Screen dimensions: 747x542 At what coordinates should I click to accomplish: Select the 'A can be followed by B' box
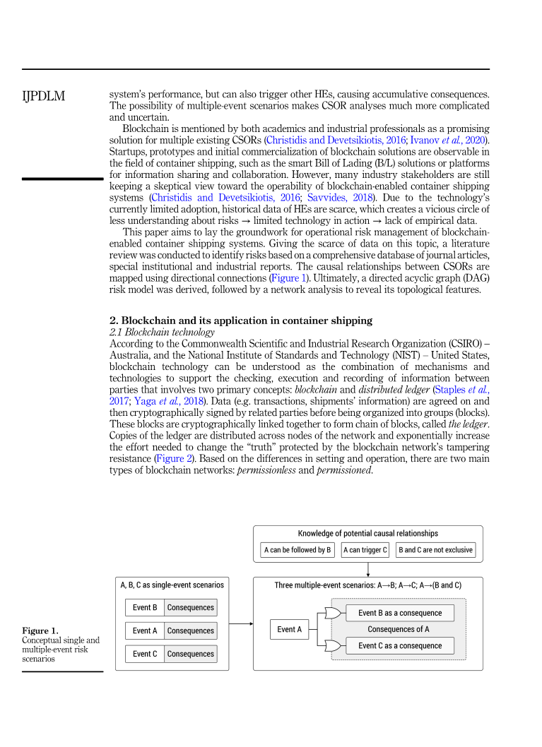click(x=297, y=550)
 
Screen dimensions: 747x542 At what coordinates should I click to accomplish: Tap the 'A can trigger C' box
click(x=365, y=550)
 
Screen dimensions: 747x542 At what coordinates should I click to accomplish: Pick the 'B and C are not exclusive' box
click(x=435, y=550)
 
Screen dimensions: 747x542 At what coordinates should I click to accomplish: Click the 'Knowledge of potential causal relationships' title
click(x=367, y=534)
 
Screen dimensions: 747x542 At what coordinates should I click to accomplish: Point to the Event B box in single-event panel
click(x=145, y=607)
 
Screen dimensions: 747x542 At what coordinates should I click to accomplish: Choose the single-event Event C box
click(x=145, y=654)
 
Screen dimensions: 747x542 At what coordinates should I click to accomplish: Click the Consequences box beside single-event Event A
click(x=190, y=631)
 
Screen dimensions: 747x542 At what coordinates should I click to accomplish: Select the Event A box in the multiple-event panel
click(x=290, y=629)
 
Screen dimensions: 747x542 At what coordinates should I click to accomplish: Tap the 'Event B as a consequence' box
click(x=400, y=613)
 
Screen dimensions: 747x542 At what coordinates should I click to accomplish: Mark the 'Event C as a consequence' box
click(x=400, y=645)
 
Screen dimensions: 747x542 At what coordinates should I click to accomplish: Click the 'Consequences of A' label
click(x=399, y=629)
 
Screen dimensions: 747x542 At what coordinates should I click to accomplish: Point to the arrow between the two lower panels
click(x=241, y=623)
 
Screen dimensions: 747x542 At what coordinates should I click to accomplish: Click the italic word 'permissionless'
click(x=266, y=471)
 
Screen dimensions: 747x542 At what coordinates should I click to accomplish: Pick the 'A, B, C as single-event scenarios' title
click(x=172, y=585)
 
